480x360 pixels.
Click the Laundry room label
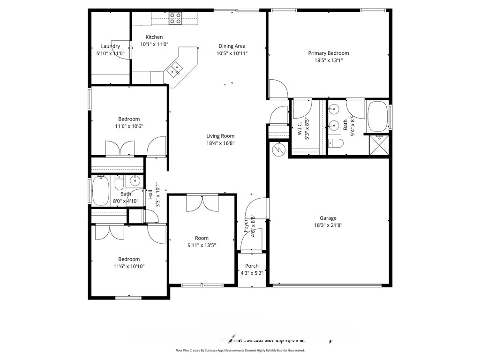111,46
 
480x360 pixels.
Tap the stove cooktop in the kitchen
175,18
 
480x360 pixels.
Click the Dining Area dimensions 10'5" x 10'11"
232,53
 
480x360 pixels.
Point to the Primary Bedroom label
328,53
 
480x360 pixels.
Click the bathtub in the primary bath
377,116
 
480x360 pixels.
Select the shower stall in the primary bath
379,144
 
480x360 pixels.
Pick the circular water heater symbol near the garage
279,149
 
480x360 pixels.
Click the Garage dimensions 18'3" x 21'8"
328,225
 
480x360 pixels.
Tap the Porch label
252,266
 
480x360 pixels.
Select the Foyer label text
246,225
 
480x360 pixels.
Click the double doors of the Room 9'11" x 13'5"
202,203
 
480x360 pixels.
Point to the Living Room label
220,136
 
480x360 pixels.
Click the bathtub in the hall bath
100,191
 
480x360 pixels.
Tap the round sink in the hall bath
135,180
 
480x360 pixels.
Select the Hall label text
150,194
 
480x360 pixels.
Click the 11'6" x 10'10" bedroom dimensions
129,267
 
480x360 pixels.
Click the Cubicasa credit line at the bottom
240,350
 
